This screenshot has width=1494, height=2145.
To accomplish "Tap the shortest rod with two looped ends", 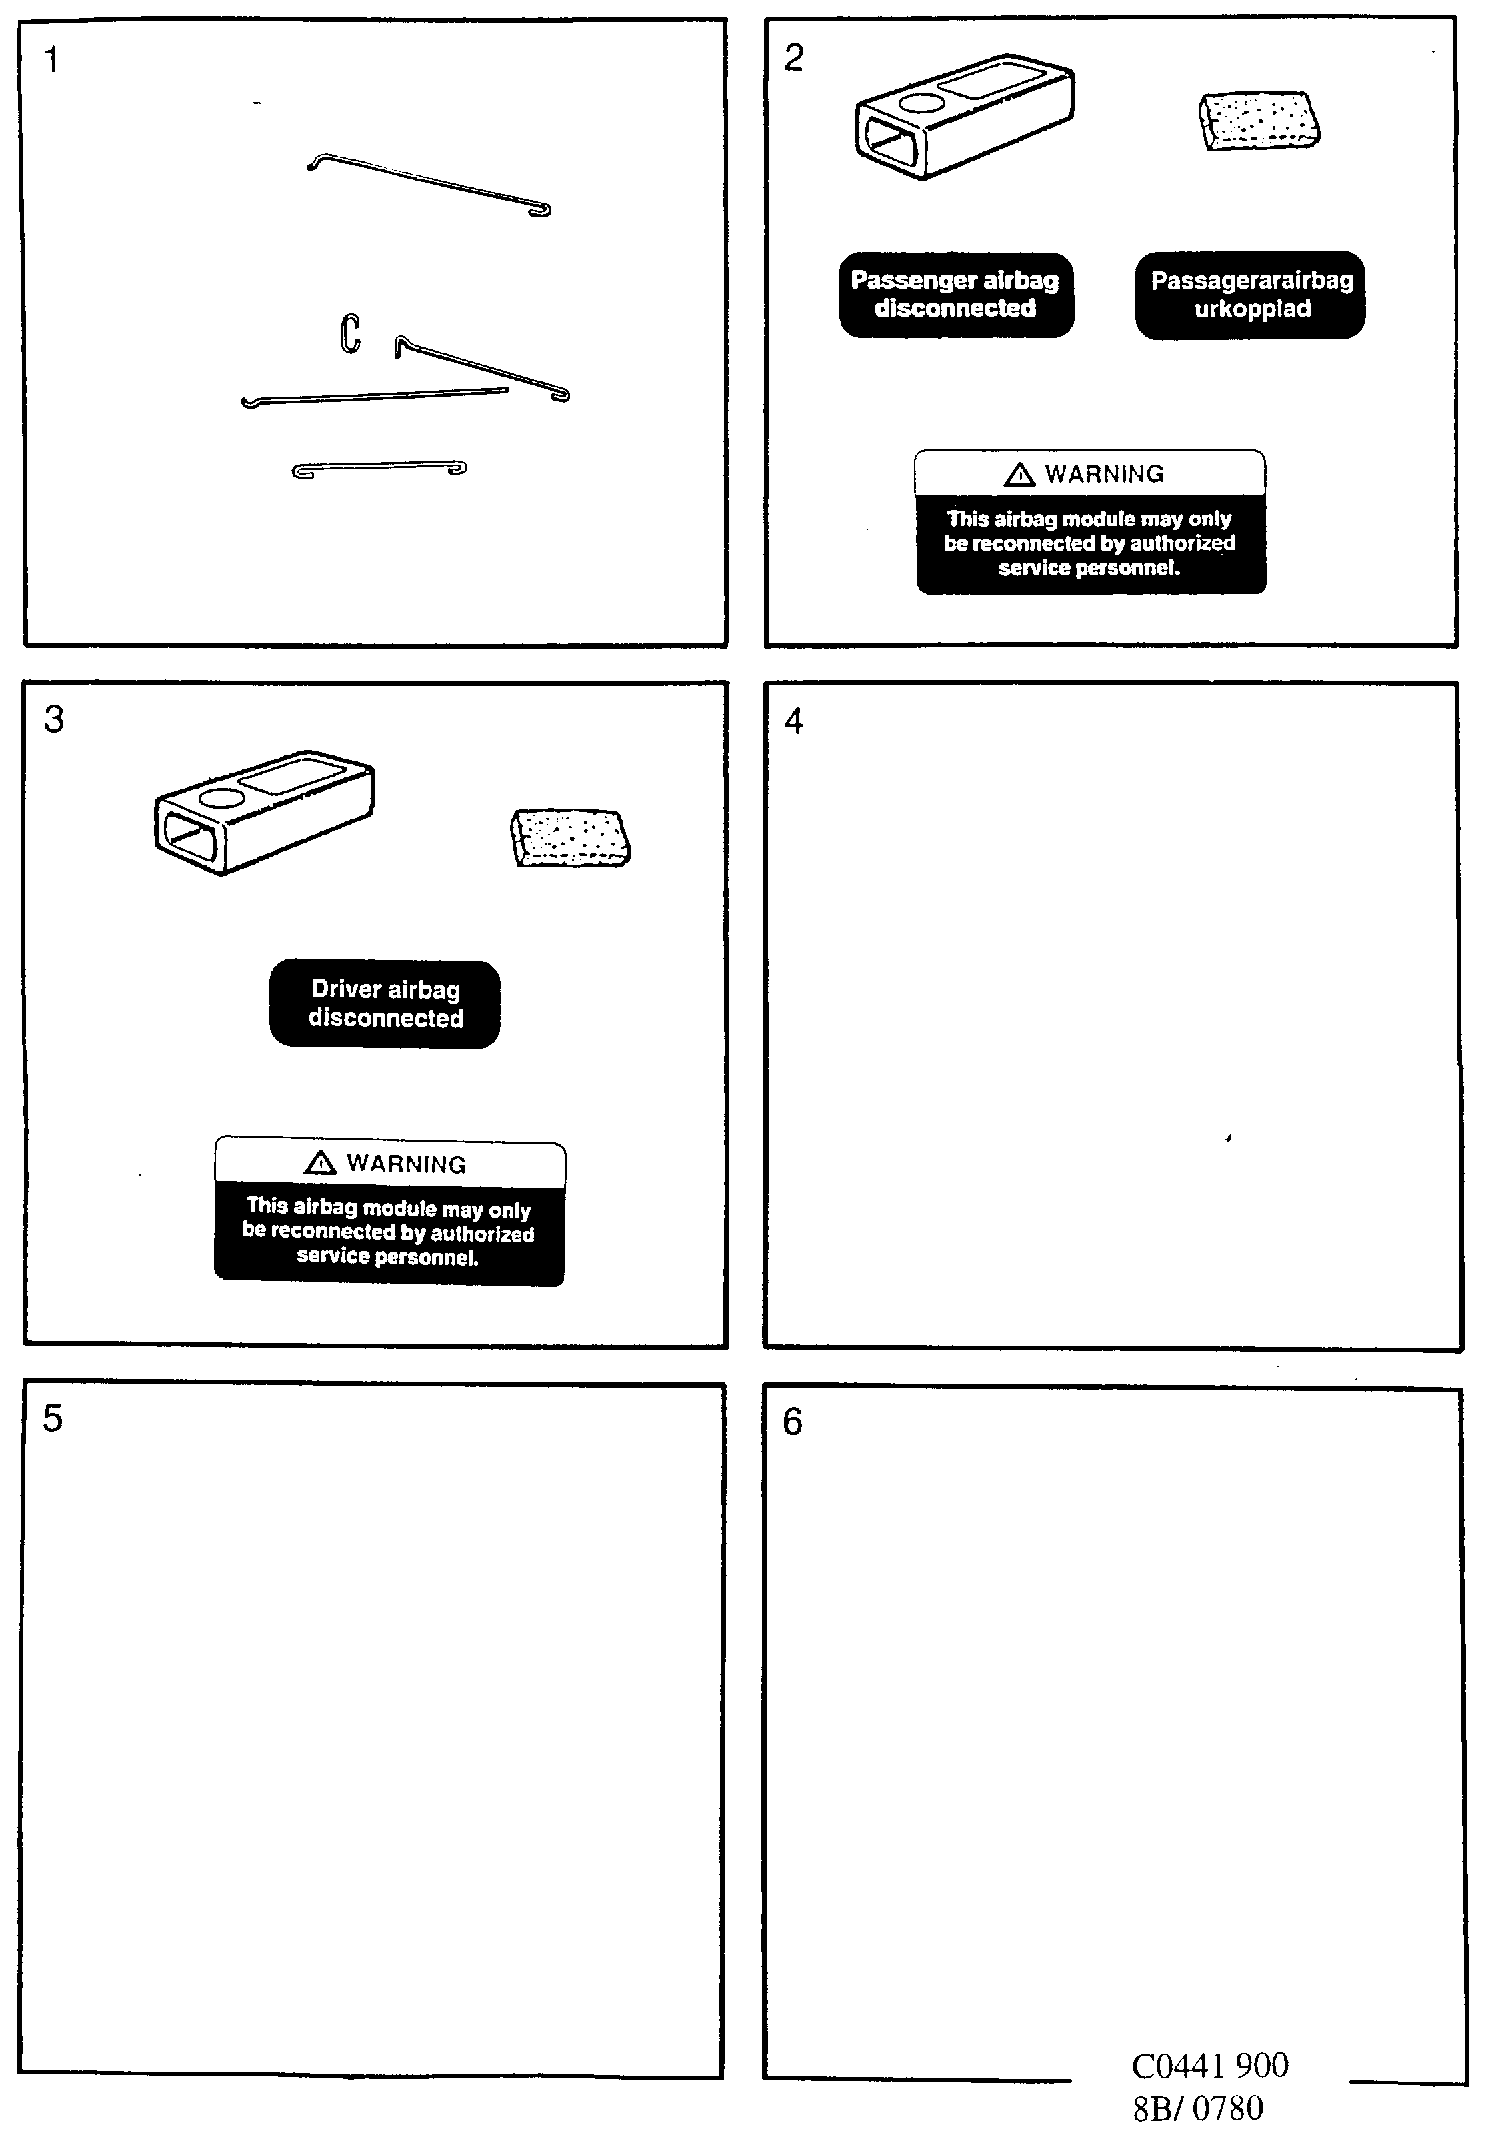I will point(379,468).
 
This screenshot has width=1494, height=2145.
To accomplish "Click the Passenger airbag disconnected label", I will point(955,294).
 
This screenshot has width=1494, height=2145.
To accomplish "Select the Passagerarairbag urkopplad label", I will point(1250,294).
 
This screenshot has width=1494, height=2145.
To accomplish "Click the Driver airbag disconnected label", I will point(385,1004).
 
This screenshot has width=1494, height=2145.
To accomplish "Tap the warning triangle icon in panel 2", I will point(1019,475).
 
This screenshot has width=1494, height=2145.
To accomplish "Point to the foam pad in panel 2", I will point(1259,121).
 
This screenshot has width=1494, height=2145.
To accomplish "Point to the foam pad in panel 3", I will point(570,837).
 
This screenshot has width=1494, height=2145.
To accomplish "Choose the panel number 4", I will point(793,721).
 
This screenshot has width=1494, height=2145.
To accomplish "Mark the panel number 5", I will point(52,1418).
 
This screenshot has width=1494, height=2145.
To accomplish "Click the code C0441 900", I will point(1209,2066).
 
